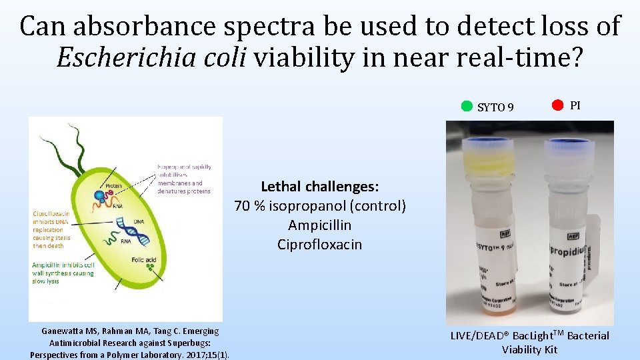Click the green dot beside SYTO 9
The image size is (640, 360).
click(x=467, y=105)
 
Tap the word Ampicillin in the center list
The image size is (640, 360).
click(x=319, y=225)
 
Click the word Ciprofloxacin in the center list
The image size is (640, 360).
click(x=319, y=245)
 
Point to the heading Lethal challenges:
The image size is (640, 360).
click(x=319, y=187)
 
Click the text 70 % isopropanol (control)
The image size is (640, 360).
click(x=319, y=206)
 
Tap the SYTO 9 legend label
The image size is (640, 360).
click(x=495, y=107)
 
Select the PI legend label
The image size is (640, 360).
click(x=575, y=105)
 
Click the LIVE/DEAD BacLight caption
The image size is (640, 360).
click(x=530, y=342)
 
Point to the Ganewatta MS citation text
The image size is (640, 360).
click(x=130, y=342)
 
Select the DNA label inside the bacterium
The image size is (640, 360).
click(x=138, y=221)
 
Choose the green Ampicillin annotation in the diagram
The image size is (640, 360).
click(x=63, y=273)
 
